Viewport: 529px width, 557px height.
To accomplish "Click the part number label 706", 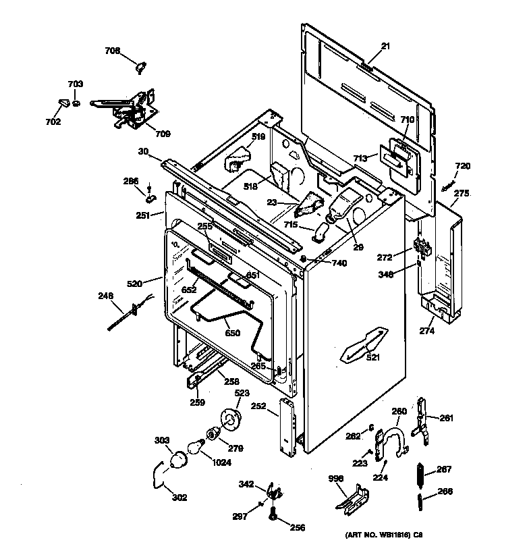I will point(112,51).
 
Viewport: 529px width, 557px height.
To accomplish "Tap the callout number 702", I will point(53,122).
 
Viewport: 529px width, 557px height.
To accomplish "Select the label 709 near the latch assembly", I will point(162,133).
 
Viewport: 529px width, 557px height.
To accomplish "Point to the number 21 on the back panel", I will point(385,46).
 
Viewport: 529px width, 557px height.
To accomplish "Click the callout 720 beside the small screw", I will point(462,166).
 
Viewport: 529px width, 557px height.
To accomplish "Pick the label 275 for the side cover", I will point(461,194).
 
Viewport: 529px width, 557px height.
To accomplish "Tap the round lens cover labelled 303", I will point(177,460).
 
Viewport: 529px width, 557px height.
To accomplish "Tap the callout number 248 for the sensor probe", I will point(106,295).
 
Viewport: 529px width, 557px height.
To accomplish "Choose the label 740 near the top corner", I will point(339,263).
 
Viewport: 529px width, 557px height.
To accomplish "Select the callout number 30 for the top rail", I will point(142,152).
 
